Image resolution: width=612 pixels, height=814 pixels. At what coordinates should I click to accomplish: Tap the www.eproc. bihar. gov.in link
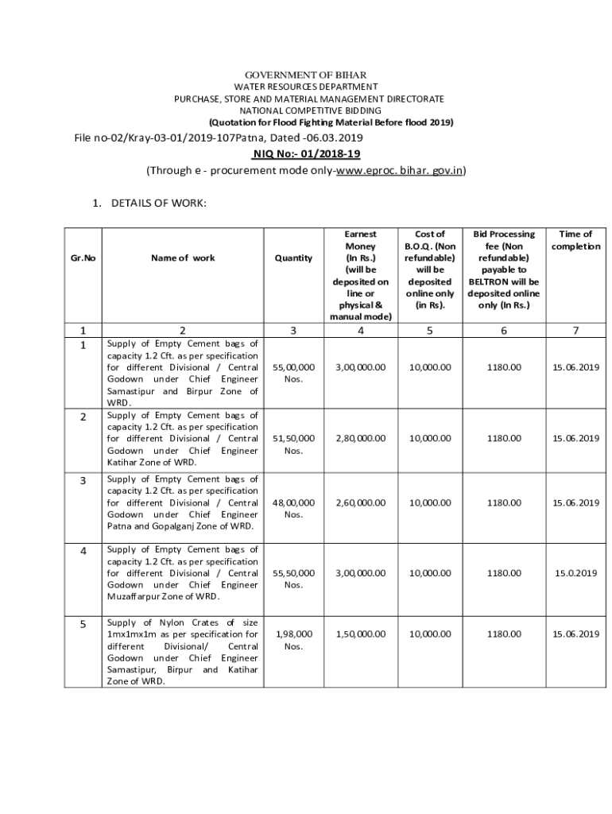click(x=400, y=171)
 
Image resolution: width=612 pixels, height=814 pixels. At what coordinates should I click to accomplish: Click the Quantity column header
click(x=293, y=258)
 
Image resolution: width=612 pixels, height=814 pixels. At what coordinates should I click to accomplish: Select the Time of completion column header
click(x=576, y=240)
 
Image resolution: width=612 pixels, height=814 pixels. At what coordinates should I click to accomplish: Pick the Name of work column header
click(x=183, y=258)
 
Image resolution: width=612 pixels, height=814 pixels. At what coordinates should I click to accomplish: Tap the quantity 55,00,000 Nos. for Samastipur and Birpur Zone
click(x=293, y=373)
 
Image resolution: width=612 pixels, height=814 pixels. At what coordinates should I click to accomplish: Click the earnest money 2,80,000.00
click(x=361, y=438)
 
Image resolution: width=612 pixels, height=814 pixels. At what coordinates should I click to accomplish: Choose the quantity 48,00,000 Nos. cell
click(x=293, y=508)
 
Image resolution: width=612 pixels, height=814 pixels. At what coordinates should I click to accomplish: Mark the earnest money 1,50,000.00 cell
click(x=361, y=634)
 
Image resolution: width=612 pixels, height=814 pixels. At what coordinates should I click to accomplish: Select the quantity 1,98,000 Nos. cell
click(x=293, y=640)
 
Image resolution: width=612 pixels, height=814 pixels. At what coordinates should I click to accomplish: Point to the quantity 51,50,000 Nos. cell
click(x=293, y=444)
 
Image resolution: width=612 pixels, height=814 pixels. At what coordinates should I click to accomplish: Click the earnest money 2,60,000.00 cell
click(x=361, y=502)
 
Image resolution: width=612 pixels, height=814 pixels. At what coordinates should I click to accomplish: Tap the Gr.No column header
click(x=83, y=258)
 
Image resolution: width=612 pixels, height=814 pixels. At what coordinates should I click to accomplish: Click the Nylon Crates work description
click(x=183, y=652)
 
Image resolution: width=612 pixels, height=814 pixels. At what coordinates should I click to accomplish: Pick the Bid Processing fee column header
click(x=504, y=269)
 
